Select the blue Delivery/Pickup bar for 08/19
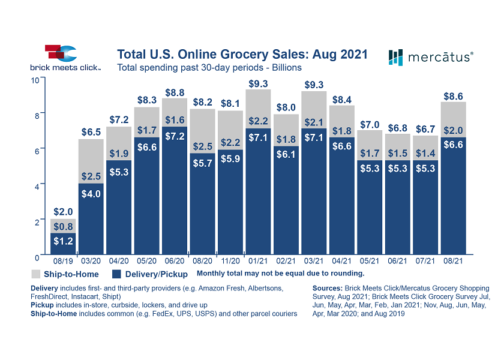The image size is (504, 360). pos(62,243)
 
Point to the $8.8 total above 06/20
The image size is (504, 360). pos(175,93)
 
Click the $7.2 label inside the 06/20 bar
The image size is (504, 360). pos(175,136)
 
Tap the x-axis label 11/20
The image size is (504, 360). pos(230,262)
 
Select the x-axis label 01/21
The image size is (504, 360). pos(258,262)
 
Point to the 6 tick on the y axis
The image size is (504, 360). pos(37,151)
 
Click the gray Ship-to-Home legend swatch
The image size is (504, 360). pos(36,274)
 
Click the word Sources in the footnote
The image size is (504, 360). pos(328,289)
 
